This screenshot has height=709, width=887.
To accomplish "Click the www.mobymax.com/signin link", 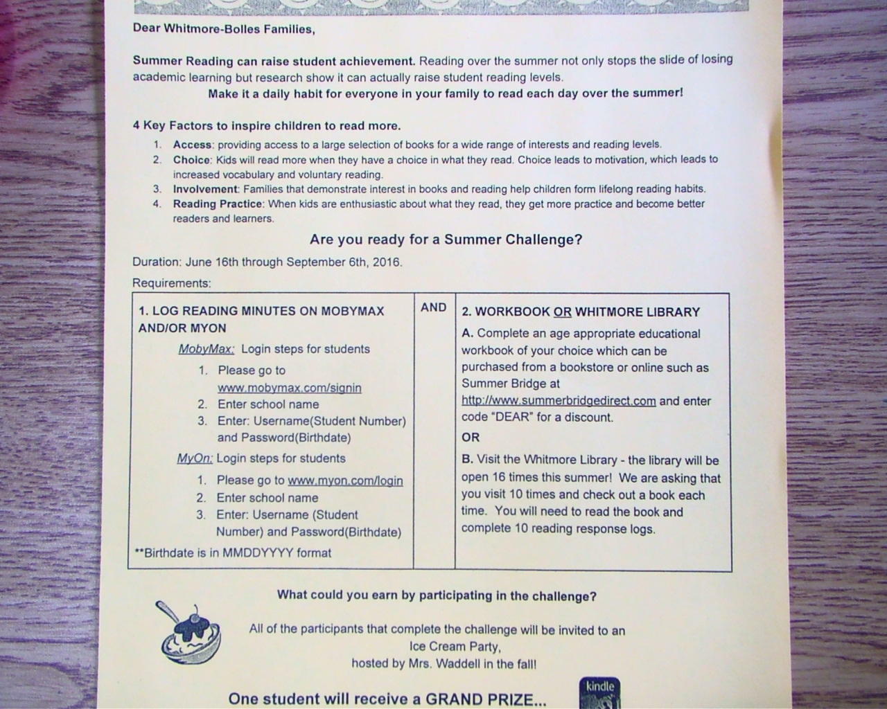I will click(289, 388).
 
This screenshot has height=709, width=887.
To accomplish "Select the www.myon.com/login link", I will click(345, 481).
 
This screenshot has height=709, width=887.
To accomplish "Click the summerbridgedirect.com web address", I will click(559, 401).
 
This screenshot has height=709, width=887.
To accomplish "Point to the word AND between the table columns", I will click(434, 307).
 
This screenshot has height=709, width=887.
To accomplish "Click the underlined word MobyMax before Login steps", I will click(206, 349).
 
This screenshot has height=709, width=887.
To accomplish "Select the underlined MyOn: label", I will click(195, 458).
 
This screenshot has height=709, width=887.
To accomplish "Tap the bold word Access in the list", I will click(193, 145).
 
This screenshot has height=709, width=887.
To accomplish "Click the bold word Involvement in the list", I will click(205, 189).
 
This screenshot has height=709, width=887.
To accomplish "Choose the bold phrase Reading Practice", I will click(218, 204).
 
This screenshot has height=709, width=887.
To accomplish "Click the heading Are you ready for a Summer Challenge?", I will click(446, 240).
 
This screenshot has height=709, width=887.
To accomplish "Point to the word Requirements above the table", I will click(171, 283).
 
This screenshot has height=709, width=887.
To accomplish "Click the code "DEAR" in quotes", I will click(511, 418).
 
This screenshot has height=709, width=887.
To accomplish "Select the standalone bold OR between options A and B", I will click(471, 438).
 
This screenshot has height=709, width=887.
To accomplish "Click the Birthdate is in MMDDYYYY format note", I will click(234, 553).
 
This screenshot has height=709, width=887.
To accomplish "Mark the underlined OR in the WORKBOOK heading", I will click(562, 312).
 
